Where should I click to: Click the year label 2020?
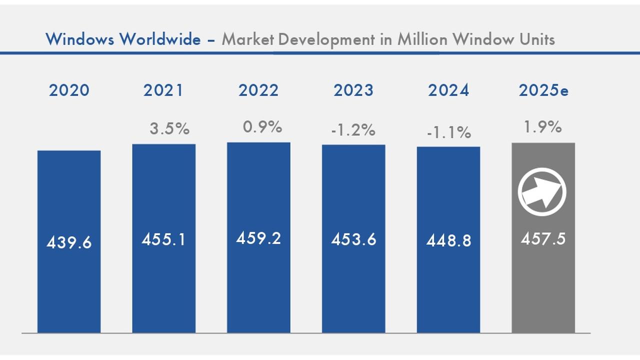(69, 90)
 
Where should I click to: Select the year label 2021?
(163, 90)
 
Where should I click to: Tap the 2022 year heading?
(258, 90)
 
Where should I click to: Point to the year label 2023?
(353, 90)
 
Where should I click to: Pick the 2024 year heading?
(448, 90)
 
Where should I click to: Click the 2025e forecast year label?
(543, 90)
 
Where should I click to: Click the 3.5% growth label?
(169, 128)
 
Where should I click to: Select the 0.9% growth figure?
(262, 127)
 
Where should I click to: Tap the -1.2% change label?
(353, 130)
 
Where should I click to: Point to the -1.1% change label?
(449, 132)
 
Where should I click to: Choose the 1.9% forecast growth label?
(542, 127)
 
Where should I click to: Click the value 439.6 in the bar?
(69, 242)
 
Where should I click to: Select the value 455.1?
(163, 239)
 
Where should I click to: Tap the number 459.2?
(258, 238)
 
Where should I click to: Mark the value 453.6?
(353, 239)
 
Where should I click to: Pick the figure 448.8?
(448, 241)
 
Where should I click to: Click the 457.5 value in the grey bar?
(543, 239)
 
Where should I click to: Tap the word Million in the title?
(422, 38)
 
